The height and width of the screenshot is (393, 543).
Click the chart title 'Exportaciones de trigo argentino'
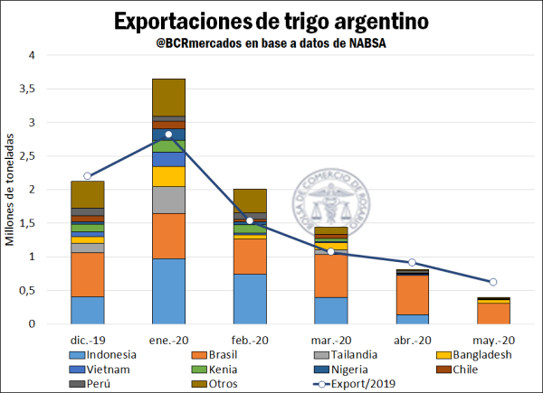271,20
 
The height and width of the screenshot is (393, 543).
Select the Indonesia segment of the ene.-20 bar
168,291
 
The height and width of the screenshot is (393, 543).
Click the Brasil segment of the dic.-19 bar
87,275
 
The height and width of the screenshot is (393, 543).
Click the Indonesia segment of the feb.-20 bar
250,299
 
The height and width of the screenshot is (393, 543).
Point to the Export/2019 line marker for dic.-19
87,176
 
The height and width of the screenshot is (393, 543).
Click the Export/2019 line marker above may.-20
494,282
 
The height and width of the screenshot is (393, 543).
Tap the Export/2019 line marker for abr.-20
413,263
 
